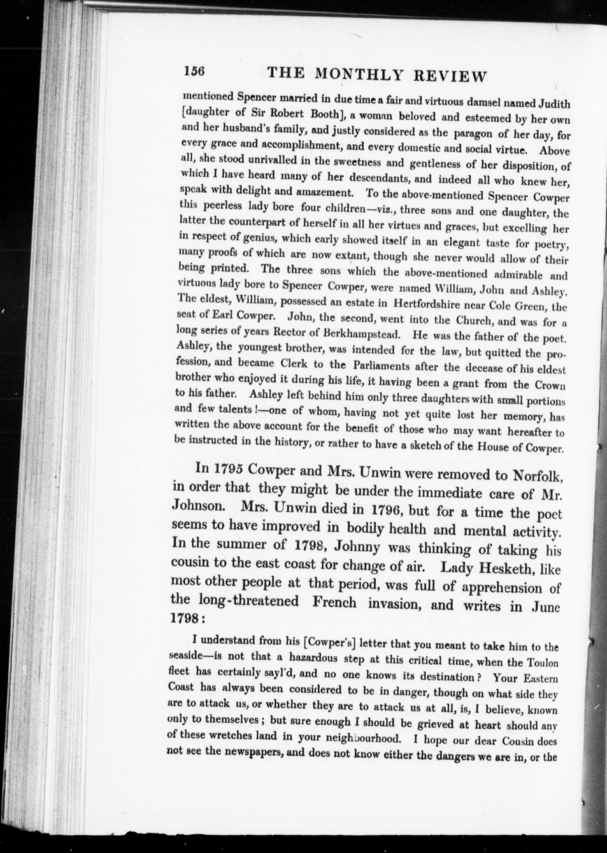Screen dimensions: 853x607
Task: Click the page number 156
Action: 194,71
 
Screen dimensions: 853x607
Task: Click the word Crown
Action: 550,385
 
